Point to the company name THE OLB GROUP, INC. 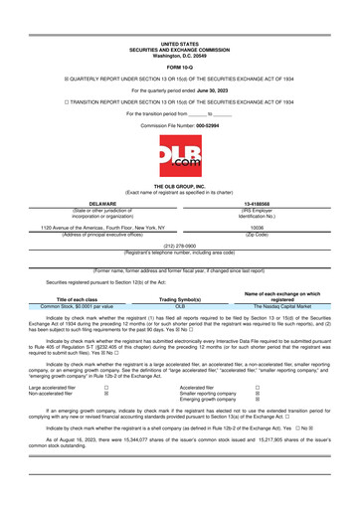pyautogui.click(x=180, y=200)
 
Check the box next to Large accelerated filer pyautogui.click(x=106, y=390)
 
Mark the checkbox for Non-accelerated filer pyautogui.click(x=106, y=397)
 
